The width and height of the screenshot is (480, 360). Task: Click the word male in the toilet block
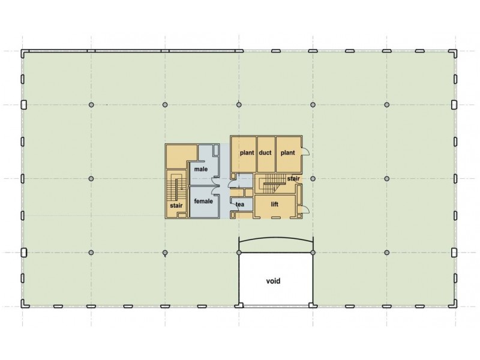tap(200, 169)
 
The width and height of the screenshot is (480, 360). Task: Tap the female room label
tap(203, 201)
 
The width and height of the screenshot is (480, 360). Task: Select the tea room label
tap(240, 205)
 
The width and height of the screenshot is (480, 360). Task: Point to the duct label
tap(265, 153)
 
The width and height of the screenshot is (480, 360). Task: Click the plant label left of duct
tap(247, 153)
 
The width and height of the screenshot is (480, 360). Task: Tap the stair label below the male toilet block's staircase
tap(176, 205)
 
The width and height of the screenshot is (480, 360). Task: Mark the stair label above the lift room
tap(293, 178)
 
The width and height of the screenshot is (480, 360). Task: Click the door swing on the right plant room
tap(305, 152)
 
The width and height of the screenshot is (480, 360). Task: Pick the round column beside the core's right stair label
tap(313, 178)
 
